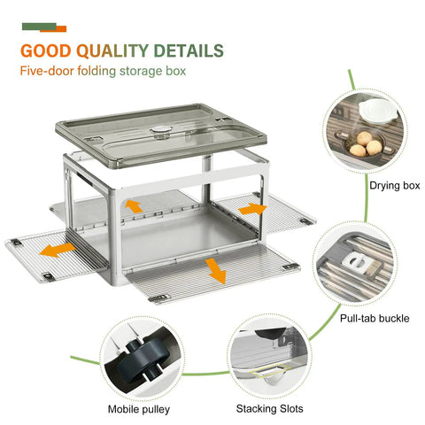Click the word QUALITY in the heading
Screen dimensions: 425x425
point(112,50)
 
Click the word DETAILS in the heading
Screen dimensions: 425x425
point(189,50)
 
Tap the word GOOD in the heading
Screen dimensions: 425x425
point(46,50)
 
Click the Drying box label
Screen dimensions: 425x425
point(395,185)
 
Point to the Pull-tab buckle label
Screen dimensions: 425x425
point(375,318)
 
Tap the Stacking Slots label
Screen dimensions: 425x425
point(269,409)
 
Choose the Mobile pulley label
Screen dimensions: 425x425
point(139,409)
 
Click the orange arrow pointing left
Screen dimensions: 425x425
point(58,250)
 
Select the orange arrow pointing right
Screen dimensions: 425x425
point(252,209)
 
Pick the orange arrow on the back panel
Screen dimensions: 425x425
point(134,206)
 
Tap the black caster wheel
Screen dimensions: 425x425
point(145,359)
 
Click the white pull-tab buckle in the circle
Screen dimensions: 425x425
point(355,264)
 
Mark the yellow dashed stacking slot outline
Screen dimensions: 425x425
point(270,370)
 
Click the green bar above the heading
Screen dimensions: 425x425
point(39,27)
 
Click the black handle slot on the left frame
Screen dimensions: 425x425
point(85,180)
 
